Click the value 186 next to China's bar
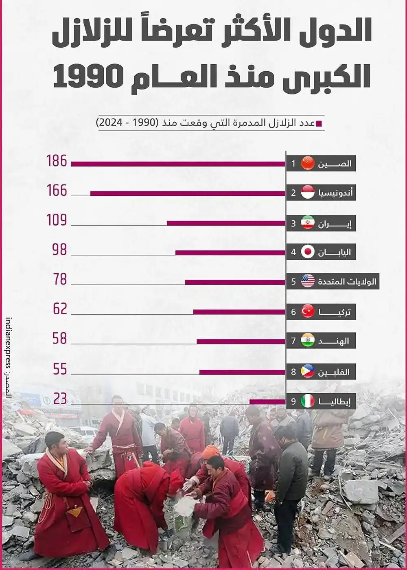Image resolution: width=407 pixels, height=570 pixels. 57,161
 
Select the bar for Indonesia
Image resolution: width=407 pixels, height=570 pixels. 188,193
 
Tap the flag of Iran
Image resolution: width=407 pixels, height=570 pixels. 308,223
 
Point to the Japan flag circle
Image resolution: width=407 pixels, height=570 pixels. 308,252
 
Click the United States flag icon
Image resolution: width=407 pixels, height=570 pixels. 308,281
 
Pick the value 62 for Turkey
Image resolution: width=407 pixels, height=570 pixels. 60,309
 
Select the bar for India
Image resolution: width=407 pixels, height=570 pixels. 241,341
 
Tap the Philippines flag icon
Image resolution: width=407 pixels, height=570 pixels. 308,371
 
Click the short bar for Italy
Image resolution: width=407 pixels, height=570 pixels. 267,402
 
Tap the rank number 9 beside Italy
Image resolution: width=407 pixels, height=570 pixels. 293,402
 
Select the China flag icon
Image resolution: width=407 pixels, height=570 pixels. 308,163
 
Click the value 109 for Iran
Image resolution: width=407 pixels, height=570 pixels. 57,220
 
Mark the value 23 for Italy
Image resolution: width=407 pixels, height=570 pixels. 60,399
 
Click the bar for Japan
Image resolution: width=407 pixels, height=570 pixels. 230,252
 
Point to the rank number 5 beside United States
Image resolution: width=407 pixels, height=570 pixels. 293,281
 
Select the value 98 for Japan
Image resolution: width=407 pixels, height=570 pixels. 60,250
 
